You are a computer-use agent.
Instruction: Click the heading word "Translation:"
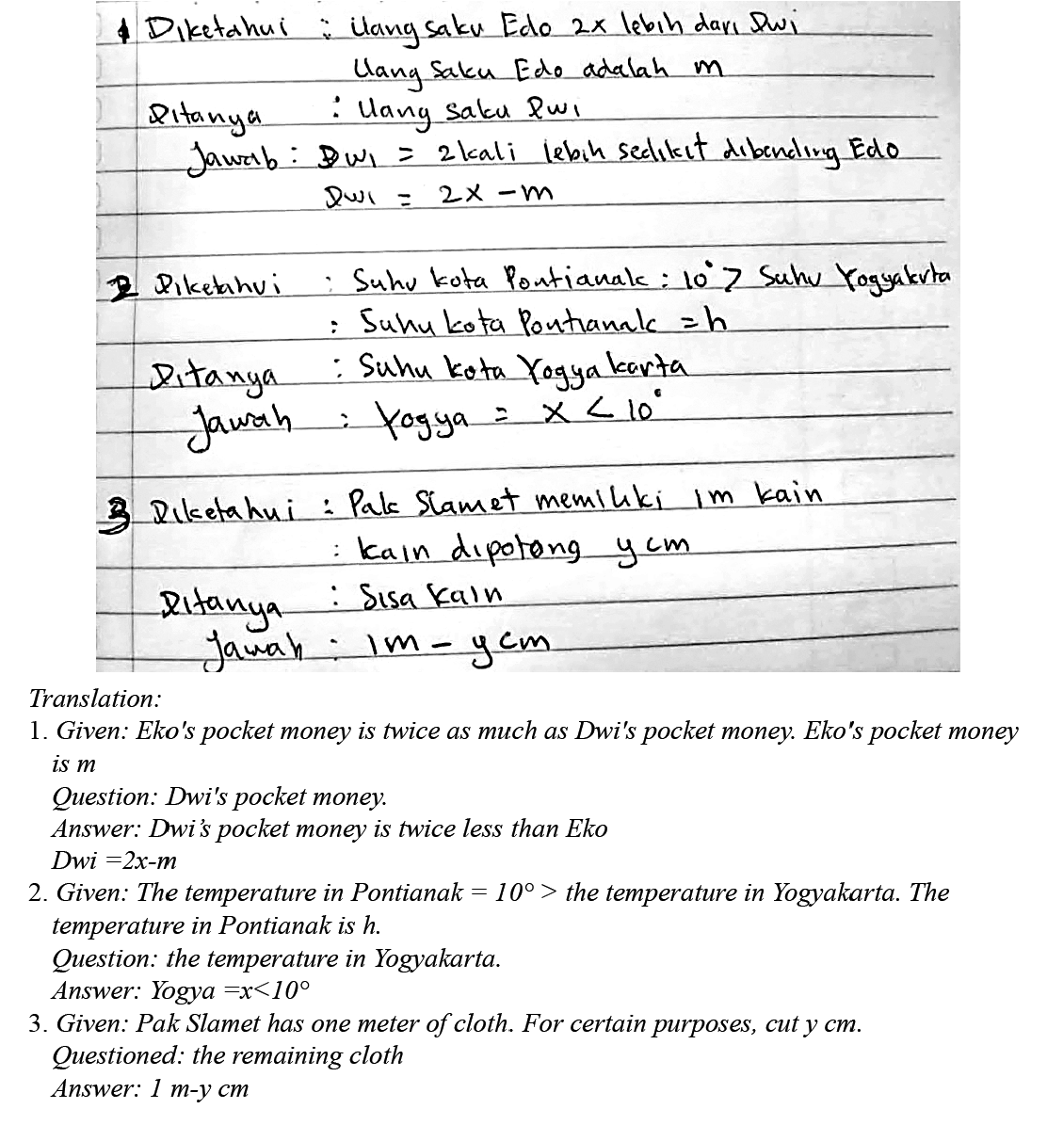95,699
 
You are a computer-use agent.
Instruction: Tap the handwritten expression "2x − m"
495,195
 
